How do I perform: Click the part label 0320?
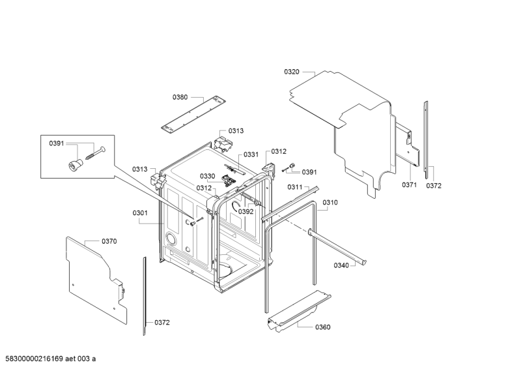(x=291, y=72)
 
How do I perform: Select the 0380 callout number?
(x=180, y=97)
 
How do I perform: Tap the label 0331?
(x=251, y=155)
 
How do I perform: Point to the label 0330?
(x=207, y=176)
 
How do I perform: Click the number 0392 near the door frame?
(x=246, y=211)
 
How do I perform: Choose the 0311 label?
(x=295, y=187)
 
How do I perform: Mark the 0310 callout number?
(x=330, y=203)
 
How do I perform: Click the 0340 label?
(x=341, y=265)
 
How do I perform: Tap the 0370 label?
(x=109, y=241)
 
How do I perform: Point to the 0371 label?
(x=408, y=185)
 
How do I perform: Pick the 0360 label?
(x=322, y=327)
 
